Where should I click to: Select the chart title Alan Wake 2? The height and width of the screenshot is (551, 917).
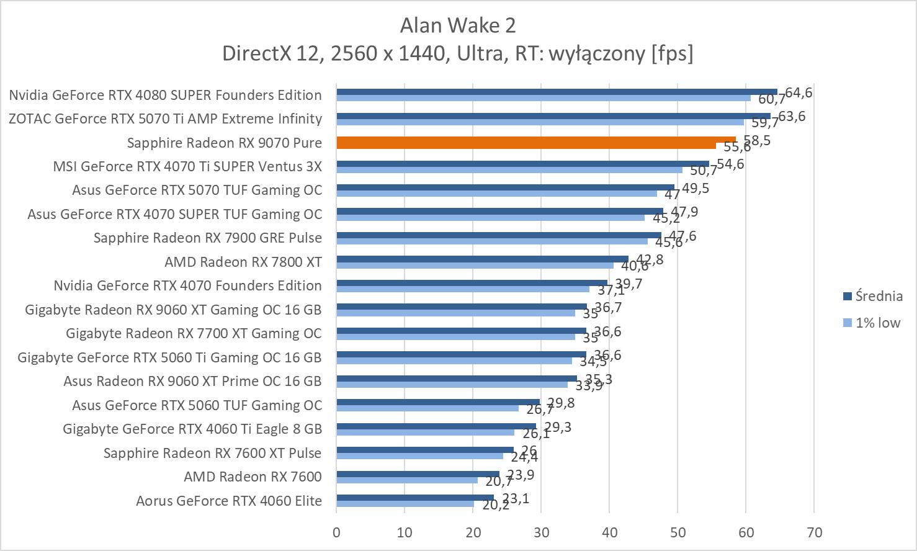(x=458, y=25)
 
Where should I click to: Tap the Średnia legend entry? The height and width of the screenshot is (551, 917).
(x=878, y=297)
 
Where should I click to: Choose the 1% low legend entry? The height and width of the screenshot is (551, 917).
(x=877, y=323)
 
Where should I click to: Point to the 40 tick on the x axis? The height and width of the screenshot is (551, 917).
(x=609, y=532)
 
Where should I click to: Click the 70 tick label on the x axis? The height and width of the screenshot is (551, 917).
(x=814, y=532)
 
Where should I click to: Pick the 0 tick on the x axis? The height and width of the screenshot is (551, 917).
(x=336, y=532)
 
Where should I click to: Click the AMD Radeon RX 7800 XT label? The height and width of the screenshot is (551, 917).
(x=243, y=262)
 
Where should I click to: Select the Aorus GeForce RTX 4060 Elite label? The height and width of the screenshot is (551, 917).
(x=229, y=501)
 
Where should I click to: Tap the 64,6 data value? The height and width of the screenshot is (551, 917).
(x=798, y=93)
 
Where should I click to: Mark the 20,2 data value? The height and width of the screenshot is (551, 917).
(x=496, y=505)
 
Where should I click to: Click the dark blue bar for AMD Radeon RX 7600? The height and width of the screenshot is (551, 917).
(x=418, y=474)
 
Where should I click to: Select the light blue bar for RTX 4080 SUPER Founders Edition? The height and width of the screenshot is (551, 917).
(x=543, y=98)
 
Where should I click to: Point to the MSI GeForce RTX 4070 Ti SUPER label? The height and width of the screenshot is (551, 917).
(x=187, y=166)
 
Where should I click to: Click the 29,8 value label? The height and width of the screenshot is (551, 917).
(x=561, y=403)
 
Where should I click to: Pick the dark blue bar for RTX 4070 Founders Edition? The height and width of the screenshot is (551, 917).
(x=472, y=283)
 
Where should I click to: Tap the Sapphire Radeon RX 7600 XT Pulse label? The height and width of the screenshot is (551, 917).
(x=212, y=453)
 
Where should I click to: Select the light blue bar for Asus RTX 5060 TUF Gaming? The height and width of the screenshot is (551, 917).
(x=427, y=408)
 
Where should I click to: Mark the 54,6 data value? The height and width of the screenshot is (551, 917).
(x=730, y=164)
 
